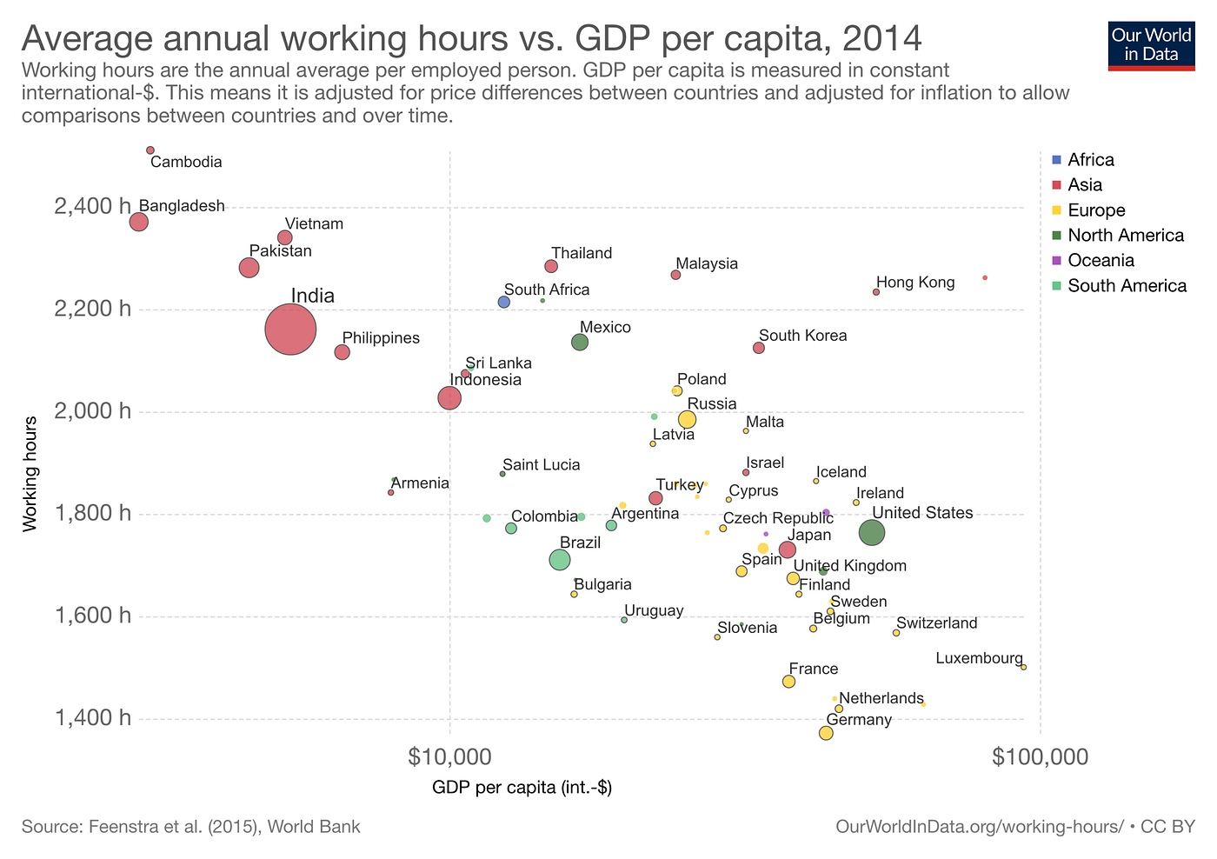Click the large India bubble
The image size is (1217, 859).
[x=290, y=330]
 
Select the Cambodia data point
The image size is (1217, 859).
[x=150, y=150]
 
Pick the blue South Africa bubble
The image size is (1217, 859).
[x=504, y=302]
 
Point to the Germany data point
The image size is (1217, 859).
[x=826, y=733]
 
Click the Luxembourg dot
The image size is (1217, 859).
[x=1023, y=667]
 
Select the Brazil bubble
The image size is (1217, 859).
[x=560, y=560]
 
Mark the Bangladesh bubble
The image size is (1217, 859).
[x=138, y=222]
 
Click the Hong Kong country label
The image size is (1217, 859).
[x=915, y=283]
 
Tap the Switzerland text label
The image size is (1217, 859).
[x=936, y=623]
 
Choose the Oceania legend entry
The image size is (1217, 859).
[x=1101, y=261]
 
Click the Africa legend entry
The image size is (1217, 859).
[x=1090, y=160]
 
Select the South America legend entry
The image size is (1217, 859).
[x=1127, y=286]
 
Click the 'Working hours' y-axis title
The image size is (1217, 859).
[x=31, y=474]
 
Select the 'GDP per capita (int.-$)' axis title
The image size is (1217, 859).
[x=522, y=789]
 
